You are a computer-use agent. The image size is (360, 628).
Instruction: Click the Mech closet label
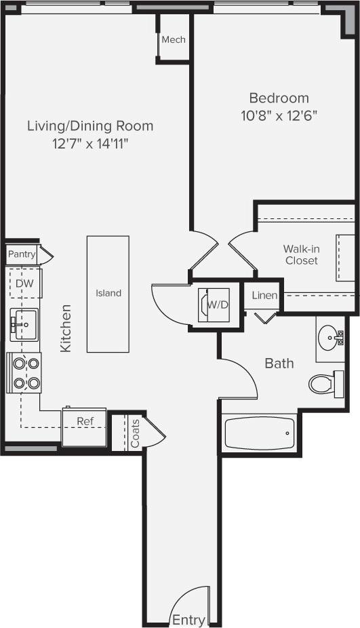coord(174,39)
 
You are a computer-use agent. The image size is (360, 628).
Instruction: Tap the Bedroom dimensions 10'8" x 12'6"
coord(279,115)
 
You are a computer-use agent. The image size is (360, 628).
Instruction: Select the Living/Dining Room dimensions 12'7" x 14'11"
coord(90,143)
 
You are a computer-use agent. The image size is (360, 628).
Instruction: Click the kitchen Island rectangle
coord(108,294)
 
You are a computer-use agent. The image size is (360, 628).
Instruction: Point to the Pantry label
coord(21,254)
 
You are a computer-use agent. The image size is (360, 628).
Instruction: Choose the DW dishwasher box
coord(24,283)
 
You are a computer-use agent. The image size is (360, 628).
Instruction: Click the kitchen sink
coord(24,324)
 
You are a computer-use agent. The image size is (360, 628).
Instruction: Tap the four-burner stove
coord(24,372)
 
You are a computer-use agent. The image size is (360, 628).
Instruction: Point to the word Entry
coord(188,620)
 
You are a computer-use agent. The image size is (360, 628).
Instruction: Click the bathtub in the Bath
coord(259,434)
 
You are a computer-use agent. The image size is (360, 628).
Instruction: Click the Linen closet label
coord(264,296)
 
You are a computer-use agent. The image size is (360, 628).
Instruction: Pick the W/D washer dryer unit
coord(215,305)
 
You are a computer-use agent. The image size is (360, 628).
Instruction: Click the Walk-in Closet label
coord(302,254)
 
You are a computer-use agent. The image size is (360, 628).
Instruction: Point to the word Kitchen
coord(66,328)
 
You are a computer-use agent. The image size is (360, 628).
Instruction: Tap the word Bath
coord(279,364)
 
